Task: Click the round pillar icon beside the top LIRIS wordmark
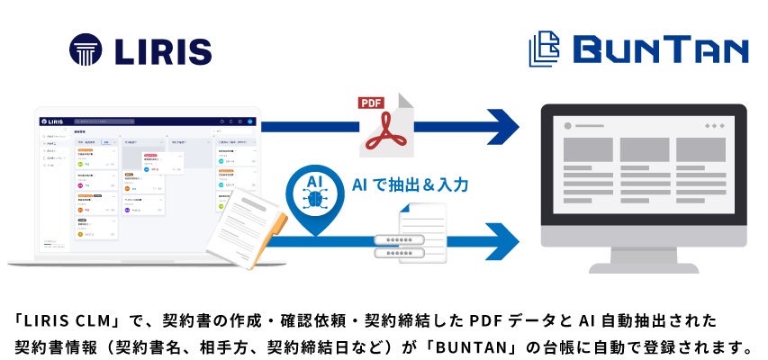[x=86, y=49]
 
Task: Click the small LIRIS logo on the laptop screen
[x=56, y=121]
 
